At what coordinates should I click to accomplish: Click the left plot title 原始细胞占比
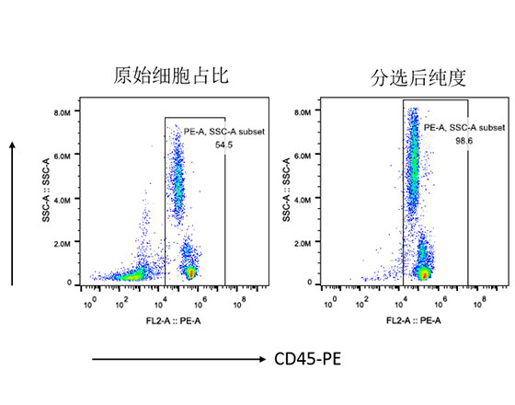pyautogui.click(x=171, y=77)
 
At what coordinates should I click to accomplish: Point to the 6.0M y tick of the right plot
pyautogui.click(x=304, y=156)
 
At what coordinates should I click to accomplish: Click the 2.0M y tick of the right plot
pyautogui.click(x=304, y=240)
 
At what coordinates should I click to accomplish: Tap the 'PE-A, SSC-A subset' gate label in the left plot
pyautogui.click(x=223, y=133)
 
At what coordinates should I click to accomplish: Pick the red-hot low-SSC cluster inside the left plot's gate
pyautogui.click(x=190, y=272)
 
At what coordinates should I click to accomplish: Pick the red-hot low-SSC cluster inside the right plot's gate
pyautogui.click(x=424, y=273)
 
